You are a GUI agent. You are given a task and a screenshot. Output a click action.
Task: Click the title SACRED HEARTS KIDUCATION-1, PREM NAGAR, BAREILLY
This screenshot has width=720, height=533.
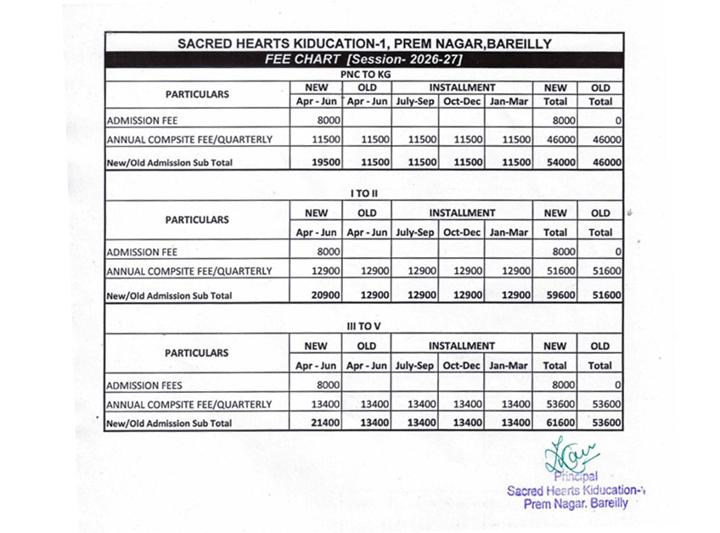click(x=363, y=43)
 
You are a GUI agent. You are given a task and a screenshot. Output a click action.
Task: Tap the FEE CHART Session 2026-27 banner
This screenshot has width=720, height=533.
click(x=363, y=59)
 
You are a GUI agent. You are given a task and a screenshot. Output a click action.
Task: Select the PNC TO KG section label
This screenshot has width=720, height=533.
click(x=363, y=74)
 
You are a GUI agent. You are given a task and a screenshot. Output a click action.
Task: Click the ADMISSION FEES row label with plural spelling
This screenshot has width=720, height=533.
click(x=144, y=385)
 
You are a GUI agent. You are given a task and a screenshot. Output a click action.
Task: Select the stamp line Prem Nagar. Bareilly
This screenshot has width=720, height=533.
click(x=577, y=503)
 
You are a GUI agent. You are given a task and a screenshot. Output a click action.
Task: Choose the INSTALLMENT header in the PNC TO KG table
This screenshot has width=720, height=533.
click(x=462, y=87)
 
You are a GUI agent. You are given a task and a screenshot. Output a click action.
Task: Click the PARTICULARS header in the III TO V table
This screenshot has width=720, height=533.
click(x=197, y=352)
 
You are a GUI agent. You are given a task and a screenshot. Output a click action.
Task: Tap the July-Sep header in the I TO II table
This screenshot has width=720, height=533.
click(x=415, y=233)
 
